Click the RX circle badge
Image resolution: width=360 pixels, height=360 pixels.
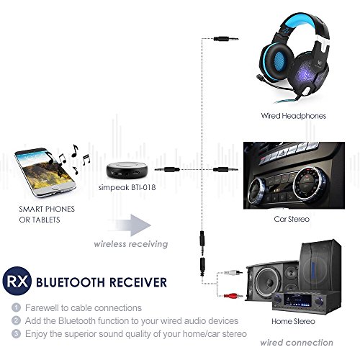click(x=17, y=281)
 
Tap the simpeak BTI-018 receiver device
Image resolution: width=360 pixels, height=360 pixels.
click(x=127, y=170)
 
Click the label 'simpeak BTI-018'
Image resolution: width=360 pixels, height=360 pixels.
click(x=127, y=187)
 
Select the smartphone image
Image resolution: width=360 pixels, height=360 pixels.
click(x=45, y=172)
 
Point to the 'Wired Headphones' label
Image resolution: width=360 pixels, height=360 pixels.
click(x=293, y=116)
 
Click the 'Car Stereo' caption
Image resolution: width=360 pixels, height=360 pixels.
click(x=292, y=219)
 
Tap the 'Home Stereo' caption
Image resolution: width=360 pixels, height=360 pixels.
click(x=293, y=321)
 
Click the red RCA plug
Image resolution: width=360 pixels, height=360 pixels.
click(x=233, y=296)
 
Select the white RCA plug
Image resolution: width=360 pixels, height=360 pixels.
click(x=233, y=272)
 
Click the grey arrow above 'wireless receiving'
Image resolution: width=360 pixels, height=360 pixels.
click(x=130, y=225)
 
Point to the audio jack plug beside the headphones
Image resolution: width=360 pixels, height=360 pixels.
click(x=226, y=38)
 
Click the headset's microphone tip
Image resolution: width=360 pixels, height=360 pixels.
click(x=260, y=78)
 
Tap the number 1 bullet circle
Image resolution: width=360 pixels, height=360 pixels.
click(x=16, y=307)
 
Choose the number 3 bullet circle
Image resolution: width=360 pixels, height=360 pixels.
click(x=16, y=333)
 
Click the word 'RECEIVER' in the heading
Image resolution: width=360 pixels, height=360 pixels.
click(x=138, y=282)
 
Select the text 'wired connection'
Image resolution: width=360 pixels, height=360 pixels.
click(x=297, y=343)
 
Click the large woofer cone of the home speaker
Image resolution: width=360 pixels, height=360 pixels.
click(x=268, y=282)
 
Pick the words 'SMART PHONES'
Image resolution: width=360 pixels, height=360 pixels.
click(x=47, y=209)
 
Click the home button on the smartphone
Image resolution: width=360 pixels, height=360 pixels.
click(x=55, y=187)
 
